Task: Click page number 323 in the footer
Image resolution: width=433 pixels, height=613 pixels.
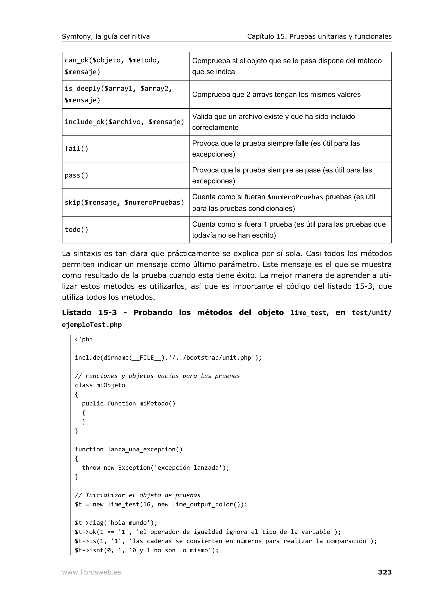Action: tap(384, 572)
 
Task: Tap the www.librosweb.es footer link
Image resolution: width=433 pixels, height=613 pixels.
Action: tap(91, 572)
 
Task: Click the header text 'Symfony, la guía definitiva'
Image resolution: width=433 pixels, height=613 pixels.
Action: tap(106, 37)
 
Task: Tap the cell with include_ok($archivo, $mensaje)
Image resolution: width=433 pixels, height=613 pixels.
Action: tap(124, 122)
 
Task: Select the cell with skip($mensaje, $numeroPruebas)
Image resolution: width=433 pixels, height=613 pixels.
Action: tap(124, 203)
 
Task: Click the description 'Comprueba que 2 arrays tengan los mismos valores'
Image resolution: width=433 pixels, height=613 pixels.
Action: tap(276, 95)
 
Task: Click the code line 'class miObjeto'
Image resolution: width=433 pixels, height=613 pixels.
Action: tap(100, 385)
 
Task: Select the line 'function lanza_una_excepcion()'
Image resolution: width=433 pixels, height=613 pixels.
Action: tap(129, 449)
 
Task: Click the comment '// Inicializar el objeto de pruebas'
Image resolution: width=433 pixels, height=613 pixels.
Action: tap(137, 495)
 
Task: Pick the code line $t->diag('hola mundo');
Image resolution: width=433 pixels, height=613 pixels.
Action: tap(116, 522)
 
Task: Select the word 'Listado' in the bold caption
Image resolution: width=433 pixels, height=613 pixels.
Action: tap(77, 313)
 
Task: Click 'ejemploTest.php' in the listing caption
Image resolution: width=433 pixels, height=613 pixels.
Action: tap(92, 325)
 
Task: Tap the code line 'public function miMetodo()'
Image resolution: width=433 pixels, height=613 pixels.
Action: tap(129, 403)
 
